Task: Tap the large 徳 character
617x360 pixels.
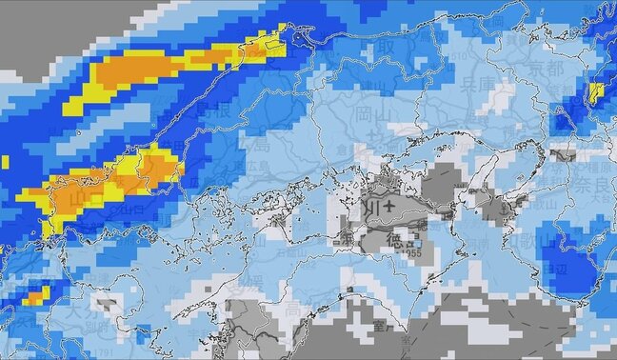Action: point(401,241)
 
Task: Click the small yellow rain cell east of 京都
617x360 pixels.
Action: point(596,92)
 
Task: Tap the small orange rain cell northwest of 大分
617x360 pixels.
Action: point(32,298)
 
